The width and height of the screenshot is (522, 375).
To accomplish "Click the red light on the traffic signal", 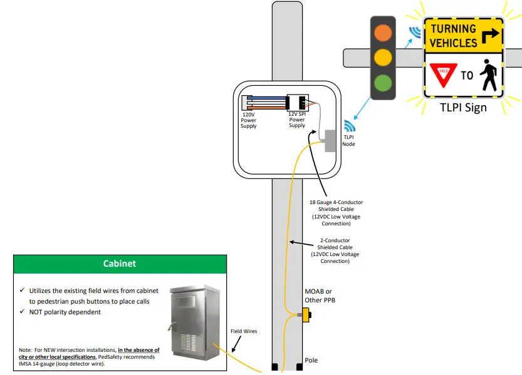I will coord(383,32).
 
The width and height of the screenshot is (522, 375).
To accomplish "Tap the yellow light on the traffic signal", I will coord(383,58).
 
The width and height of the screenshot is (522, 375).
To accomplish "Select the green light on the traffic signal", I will coord(383,83).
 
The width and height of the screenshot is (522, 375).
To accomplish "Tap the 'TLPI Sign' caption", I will coord(462,107).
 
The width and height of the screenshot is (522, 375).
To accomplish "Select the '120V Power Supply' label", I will coord(249,120).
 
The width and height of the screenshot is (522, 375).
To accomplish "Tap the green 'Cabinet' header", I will coord(120,264).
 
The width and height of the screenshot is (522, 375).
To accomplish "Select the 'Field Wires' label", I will coord(244,331).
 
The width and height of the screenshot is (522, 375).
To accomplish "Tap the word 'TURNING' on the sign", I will coord(453,28).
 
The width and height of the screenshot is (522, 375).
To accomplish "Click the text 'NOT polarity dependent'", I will coord(65,312).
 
